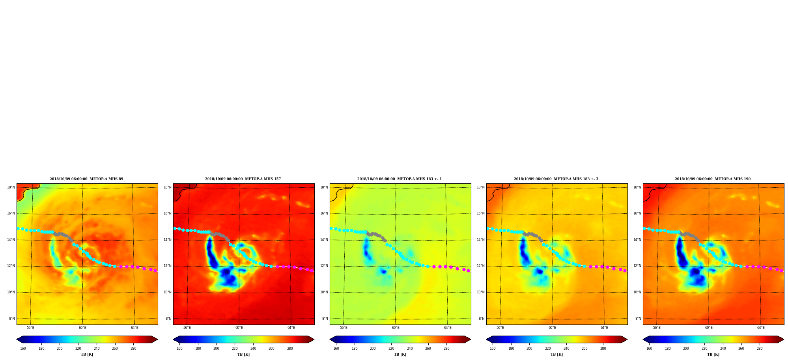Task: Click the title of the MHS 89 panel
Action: pos(86,179)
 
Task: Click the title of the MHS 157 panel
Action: pos(243,179)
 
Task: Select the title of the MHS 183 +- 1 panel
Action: pos(400,179)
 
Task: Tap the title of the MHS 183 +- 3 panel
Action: pos(556,179)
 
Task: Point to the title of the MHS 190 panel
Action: pos(713,179)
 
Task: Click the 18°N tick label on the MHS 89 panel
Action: pos(11,187)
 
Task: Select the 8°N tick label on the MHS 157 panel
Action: pos(168,319)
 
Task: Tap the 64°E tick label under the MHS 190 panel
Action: pos(761,328)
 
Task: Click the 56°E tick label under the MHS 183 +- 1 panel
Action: pos(344,328)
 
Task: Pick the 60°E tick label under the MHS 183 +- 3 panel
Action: pos(552,328)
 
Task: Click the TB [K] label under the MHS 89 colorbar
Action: pos(87,354)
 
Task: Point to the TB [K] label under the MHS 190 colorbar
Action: pos(713,354)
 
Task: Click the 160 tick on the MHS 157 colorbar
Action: pos(179,349)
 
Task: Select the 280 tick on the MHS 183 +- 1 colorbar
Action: pos(446,349)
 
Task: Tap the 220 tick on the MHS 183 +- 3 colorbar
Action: pos(548,349)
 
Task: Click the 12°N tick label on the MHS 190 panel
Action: pos(637,266)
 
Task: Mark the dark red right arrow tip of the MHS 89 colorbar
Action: pos(157,339)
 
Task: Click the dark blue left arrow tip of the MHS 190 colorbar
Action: pos(643,339)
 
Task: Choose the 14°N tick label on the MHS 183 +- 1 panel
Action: pos(324,240)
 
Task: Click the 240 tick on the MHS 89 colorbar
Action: pos(97,349)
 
